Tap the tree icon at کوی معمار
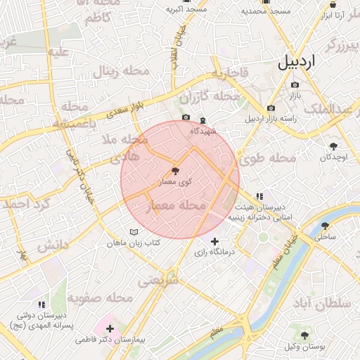point(174,170)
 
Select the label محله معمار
point(176,206)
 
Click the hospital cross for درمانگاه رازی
point(214,241)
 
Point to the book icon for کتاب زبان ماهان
point(134,232)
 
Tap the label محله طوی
point(268,159)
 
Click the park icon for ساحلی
point(325,226)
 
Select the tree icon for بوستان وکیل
point(304,335)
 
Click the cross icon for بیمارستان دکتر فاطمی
point(110,328)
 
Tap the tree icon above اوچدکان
point(333,146)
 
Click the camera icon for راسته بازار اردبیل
point(271,108)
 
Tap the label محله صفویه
point(101,298)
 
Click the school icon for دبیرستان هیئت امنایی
point(259,196)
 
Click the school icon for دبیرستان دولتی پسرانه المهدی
point(41,304)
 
